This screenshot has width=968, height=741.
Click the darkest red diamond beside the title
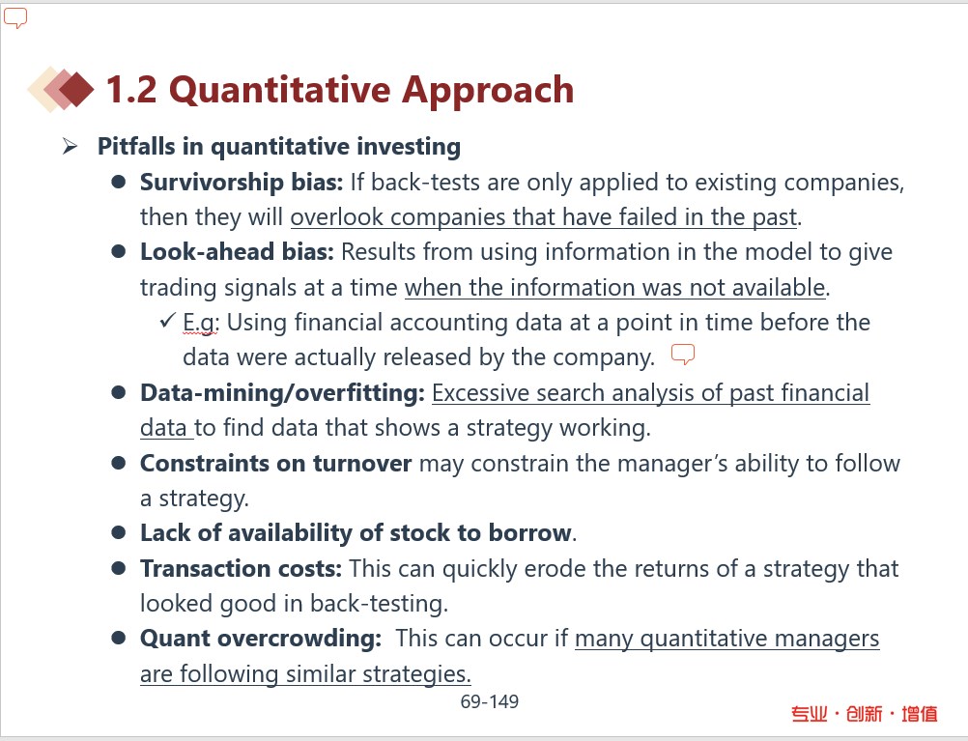77,90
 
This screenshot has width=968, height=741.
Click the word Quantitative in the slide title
279,91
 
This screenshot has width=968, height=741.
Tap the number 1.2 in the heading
131,90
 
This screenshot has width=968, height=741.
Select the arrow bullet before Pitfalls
70,146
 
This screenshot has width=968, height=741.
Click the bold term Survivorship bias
242,183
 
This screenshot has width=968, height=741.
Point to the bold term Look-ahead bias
237,252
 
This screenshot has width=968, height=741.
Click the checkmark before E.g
167,321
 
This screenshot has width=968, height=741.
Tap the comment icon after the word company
683,355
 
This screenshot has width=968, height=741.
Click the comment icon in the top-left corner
15,18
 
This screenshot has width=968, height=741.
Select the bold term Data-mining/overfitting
283,393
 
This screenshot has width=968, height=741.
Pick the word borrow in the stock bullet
530,533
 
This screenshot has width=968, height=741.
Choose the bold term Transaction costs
241,569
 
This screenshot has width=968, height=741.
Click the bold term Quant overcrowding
261,639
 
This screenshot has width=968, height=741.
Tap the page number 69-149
490,701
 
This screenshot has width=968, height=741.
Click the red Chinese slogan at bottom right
865,714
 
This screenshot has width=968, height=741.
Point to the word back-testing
379,604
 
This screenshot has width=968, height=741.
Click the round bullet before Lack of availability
119,532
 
